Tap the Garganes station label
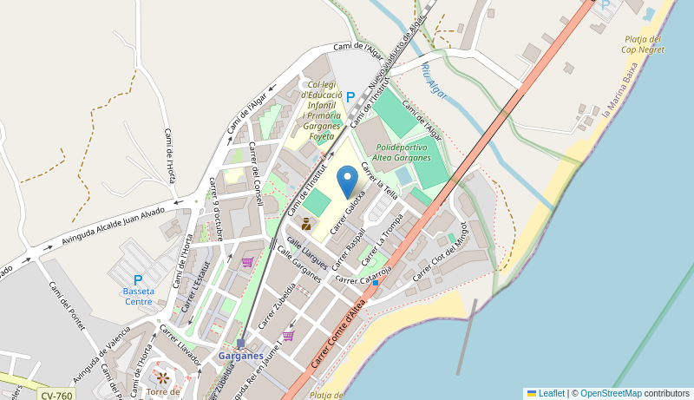(240, 356)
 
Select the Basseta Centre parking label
(138, 296)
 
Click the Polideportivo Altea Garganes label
(402, 153)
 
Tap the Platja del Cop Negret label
(643, 44)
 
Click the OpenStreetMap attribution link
(611, 393)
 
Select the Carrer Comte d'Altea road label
(341, 331)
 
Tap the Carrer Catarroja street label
(363, 277)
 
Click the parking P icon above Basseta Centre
(138, 280)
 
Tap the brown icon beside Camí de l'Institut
(305, 224)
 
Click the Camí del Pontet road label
(67, 306)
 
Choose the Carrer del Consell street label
(256, 174)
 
